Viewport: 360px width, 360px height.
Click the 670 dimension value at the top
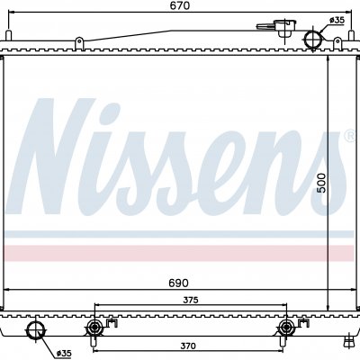[181, 5]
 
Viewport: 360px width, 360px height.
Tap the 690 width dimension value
[178, 283]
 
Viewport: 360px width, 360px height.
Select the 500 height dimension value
[321, 183]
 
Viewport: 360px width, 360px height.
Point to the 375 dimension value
[191, 300]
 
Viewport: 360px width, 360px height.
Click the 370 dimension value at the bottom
[188, 346]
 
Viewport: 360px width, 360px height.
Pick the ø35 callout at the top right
[337, 20]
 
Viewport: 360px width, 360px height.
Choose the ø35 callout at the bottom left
[64, 354]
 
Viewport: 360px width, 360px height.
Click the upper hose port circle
[313, 39]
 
